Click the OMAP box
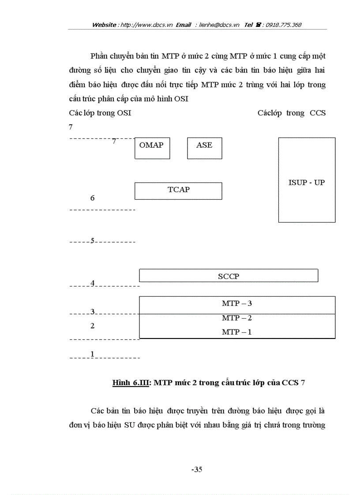[x=152, y=148]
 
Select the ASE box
[x=204, y=148]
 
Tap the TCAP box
[x=178, y=191]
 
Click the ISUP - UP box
[x=307, y=180]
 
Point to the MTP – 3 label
[x=237, y=304]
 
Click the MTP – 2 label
[x=237, y=318]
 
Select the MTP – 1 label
[x=237, y=332]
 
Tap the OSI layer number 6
[x=92, y=198]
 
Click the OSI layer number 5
[x=92, y=241]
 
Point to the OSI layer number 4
[x=93, y=283]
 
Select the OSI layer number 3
[x=93, y=312]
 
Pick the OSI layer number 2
[x=92, y=326]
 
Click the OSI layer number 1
[x=92, y=354]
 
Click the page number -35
[x=197, y=469]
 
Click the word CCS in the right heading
[x=317, y=113]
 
